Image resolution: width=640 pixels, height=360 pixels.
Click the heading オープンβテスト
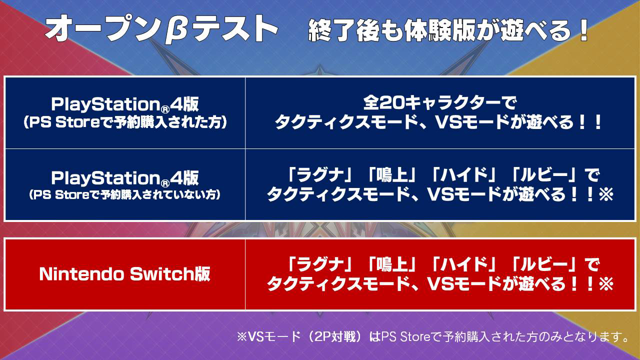coord(161,30)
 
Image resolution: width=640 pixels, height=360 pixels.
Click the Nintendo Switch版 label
coord(125,274)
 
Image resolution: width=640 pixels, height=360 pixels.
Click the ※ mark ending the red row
coord(606,283)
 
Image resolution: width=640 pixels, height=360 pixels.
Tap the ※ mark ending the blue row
coord(606,194)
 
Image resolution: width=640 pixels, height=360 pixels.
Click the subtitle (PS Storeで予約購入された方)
coord(125,122)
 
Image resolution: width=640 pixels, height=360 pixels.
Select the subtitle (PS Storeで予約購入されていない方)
coord(125,195)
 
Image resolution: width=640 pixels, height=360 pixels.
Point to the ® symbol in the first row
coord(165,109)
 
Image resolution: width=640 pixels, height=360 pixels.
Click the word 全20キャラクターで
coord(439,103)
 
